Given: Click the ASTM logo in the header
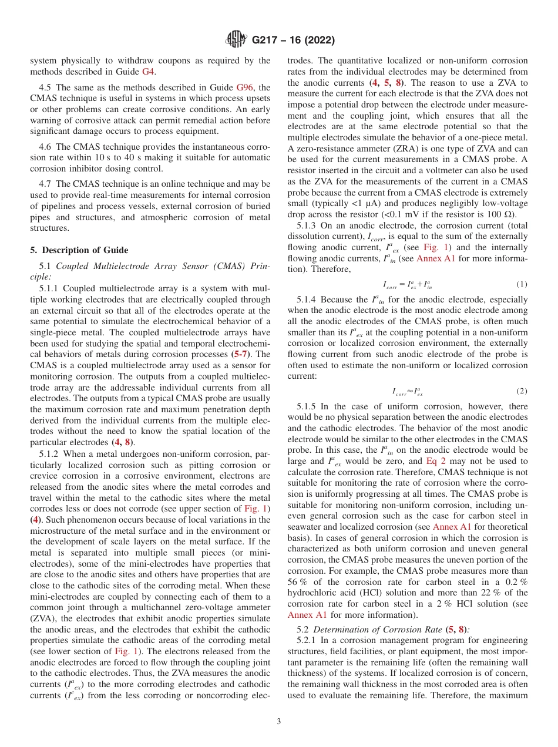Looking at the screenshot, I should (236, 41).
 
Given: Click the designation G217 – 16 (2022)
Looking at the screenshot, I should (293, 41).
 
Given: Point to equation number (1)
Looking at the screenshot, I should (521, 284).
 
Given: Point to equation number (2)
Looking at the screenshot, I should (521, 391).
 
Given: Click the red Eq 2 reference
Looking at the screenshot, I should (436, 461).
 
